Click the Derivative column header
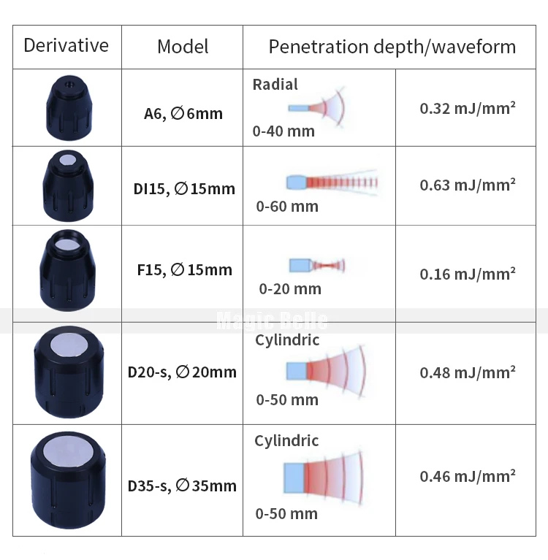tap(66, 45)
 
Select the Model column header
tap(183, 47)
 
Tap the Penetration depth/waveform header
tap(392, 47)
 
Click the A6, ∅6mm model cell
tap(183, 114)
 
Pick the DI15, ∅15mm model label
tap(184, 189)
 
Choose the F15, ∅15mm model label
tap(184, 269)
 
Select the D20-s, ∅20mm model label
tap(182, 372)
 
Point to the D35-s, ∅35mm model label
tap(182, 486)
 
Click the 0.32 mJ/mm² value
tap(468, 109)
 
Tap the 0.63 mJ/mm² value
tap(468, 185)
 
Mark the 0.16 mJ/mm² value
tap(468, 274)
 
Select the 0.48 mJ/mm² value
tap(468, 372)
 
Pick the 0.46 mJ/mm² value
tap(468, 476)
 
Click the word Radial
tap(275, 85)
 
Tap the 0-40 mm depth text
tap(283, 131)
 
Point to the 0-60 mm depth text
tap(287, 206)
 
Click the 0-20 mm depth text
tap(290, 288)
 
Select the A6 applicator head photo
tap(66, 108)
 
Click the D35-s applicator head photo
tap(66, 480)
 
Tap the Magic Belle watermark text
tap(273, 320)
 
